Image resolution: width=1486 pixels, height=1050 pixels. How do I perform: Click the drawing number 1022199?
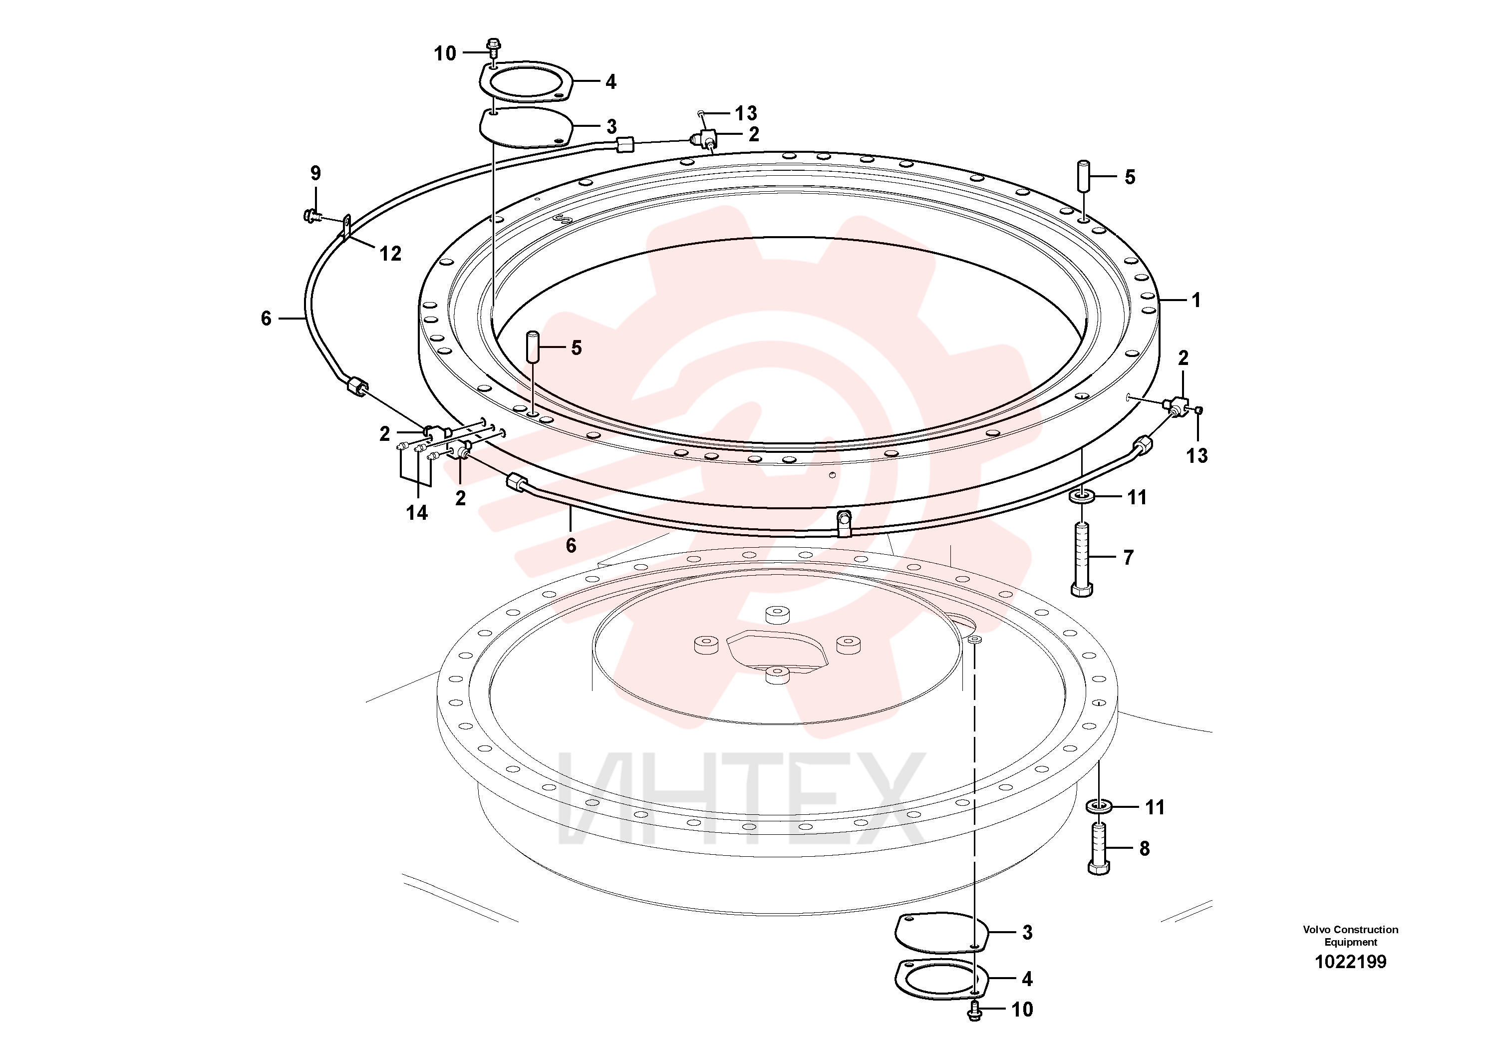click(x=1350, y=962)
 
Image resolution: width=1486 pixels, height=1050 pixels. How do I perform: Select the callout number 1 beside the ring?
click(x=1196, y=301)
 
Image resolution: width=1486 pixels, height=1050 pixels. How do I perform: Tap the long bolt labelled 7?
click(x=1082, y=559)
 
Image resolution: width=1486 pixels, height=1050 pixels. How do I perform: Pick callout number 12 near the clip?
click(x=390, y=254)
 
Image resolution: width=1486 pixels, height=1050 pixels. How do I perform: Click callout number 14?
click(x=417, y=513)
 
